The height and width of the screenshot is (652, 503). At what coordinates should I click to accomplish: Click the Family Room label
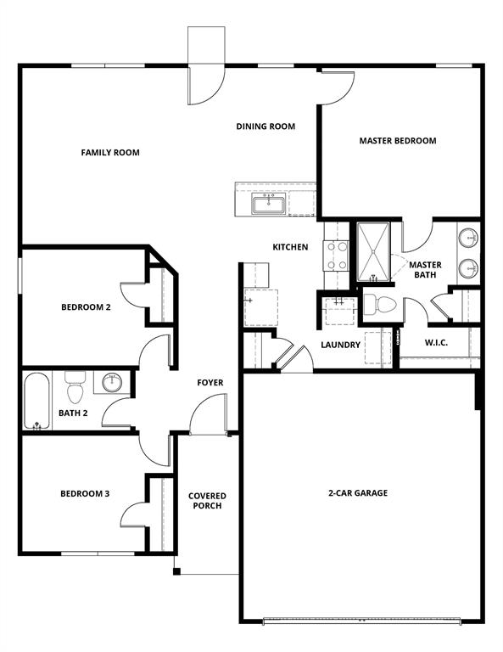(110, 153)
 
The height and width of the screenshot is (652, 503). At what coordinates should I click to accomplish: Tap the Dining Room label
(265, 126)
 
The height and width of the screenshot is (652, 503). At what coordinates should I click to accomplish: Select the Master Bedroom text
(397, 141)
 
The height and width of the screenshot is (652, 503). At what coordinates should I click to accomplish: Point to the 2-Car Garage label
(358, 492)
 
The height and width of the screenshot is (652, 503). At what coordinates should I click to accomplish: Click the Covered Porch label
(207, 501)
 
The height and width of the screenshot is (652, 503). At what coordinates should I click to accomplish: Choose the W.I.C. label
(435, 343)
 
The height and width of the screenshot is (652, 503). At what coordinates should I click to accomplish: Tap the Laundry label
(340, 345)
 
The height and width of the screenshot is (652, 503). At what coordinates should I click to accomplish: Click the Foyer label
(210, 383)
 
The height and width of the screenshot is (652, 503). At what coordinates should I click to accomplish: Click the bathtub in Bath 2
(36, 400)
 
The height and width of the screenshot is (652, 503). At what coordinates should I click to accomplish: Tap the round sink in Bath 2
(112, 383)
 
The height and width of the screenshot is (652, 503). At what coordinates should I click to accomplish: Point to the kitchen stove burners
(337, 256)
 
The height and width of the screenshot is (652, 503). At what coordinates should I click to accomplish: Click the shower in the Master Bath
(373, 251)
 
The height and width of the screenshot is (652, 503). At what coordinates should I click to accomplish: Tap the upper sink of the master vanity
(468, 238)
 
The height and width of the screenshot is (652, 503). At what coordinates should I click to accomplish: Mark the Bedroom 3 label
(84, 494)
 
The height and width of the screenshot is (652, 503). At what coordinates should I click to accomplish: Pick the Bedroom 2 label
(86, 307)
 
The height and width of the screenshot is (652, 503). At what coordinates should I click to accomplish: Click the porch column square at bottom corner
(176, 571)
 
